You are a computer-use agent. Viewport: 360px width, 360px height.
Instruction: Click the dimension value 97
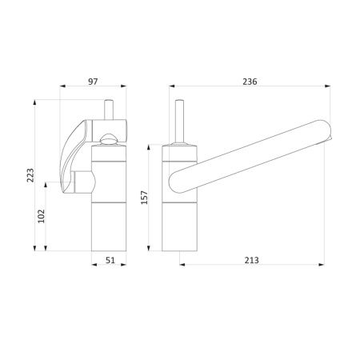(93, 82)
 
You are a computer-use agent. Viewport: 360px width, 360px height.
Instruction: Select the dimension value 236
(250, 82)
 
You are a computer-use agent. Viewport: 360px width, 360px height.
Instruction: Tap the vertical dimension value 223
(30, 175)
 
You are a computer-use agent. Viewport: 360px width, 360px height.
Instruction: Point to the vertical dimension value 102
(42, 216)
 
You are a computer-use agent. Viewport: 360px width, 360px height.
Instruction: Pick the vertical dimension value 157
(144, 198)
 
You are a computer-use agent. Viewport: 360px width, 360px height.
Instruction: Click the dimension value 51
(110, 260)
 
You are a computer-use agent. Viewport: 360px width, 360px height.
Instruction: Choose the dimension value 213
(252, 260)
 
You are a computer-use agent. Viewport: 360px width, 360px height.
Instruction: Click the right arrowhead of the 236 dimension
(327, 86)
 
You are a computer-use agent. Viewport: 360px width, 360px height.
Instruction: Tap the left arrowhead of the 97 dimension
(62, 86)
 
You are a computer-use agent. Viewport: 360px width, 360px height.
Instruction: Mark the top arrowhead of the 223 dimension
(34, 102)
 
